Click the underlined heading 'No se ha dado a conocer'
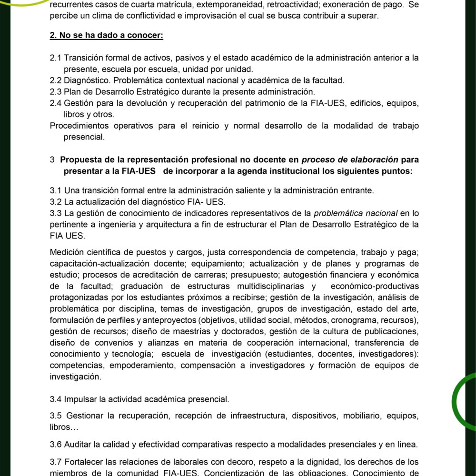112,36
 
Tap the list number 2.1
55,58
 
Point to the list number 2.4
55,103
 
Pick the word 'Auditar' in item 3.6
78,445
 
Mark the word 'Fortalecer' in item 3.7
84,462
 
